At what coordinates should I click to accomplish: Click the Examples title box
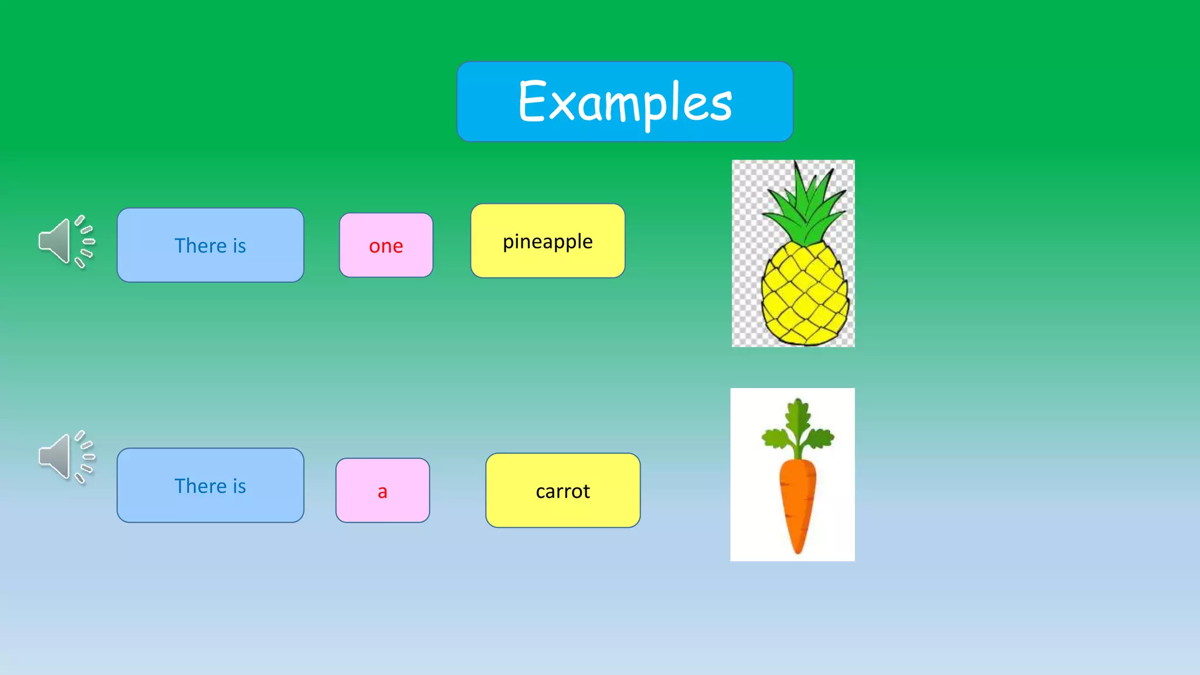625,101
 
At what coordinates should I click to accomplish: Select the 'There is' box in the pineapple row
210,245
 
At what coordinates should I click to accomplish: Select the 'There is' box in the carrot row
210,485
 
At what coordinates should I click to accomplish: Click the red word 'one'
386,246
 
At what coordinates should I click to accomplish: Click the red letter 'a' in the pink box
382,492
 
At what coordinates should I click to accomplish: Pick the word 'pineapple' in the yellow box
547,241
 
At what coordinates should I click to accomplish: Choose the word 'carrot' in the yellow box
562,491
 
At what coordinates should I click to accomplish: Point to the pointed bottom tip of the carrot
797,550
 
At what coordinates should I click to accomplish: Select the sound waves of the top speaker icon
85,241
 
